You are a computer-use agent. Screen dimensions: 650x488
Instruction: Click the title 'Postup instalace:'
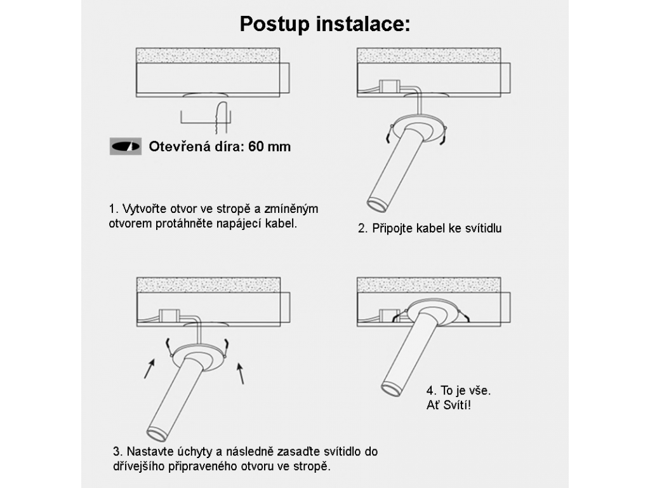325,24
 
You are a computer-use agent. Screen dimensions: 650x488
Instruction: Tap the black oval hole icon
126,147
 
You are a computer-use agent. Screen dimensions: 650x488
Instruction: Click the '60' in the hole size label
256,147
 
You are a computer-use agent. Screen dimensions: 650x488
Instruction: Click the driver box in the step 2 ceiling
390,86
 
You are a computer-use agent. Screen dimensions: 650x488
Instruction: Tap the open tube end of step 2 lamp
377,206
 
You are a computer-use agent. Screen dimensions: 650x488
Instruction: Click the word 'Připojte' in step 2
392,228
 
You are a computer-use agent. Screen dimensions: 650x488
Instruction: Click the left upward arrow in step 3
149,369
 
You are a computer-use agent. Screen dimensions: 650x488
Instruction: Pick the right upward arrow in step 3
240,373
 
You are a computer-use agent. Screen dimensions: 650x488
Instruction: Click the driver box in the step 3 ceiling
169,316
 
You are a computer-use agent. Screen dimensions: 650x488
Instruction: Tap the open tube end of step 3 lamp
157,435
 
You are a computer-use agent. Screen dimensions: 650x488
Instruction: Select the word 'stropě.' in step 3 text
312,466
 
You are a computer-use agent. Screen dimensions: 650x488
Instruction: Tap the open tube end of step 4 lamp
391,390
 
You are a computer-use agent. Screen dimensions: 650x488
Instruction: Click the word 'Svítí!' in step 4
457,405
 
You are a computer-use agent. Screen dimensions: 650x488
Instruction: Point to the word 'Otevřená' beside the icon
180,147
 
